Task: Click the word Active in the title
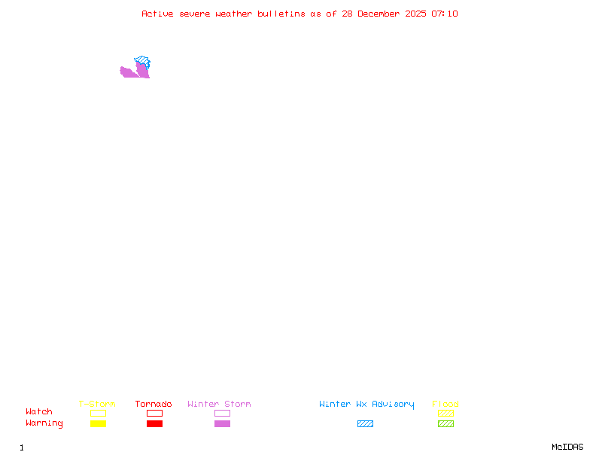point(157,14)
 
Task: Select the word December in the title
point(379,14)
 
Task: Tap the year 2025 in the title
point(415,14)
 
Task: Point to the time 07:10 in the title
point(445,14)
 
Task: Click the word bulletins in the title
point(281,14)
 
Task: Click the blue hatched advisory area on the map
point(142,61)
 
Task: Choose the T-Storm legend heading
point(97,404)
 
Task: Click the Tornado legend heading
point(154,404)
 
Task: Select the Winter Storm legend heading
point(219,404)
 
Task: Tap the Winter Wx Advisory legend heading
point(366,405)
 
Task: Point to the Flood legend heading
point(445,404)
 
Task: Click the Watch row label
point(39,411)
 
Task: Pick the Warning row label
point(44,423)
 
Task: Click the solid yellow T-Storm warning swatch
point(99,423)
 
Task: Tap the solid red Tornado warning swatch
point(155,423)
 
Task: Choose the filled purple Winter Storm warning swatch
point(222,423)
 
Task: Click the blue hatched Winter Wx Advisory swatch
point(365,423)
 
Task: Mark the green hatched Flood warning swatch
point(445,423)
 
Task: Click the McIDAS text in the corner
point(567,447)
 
